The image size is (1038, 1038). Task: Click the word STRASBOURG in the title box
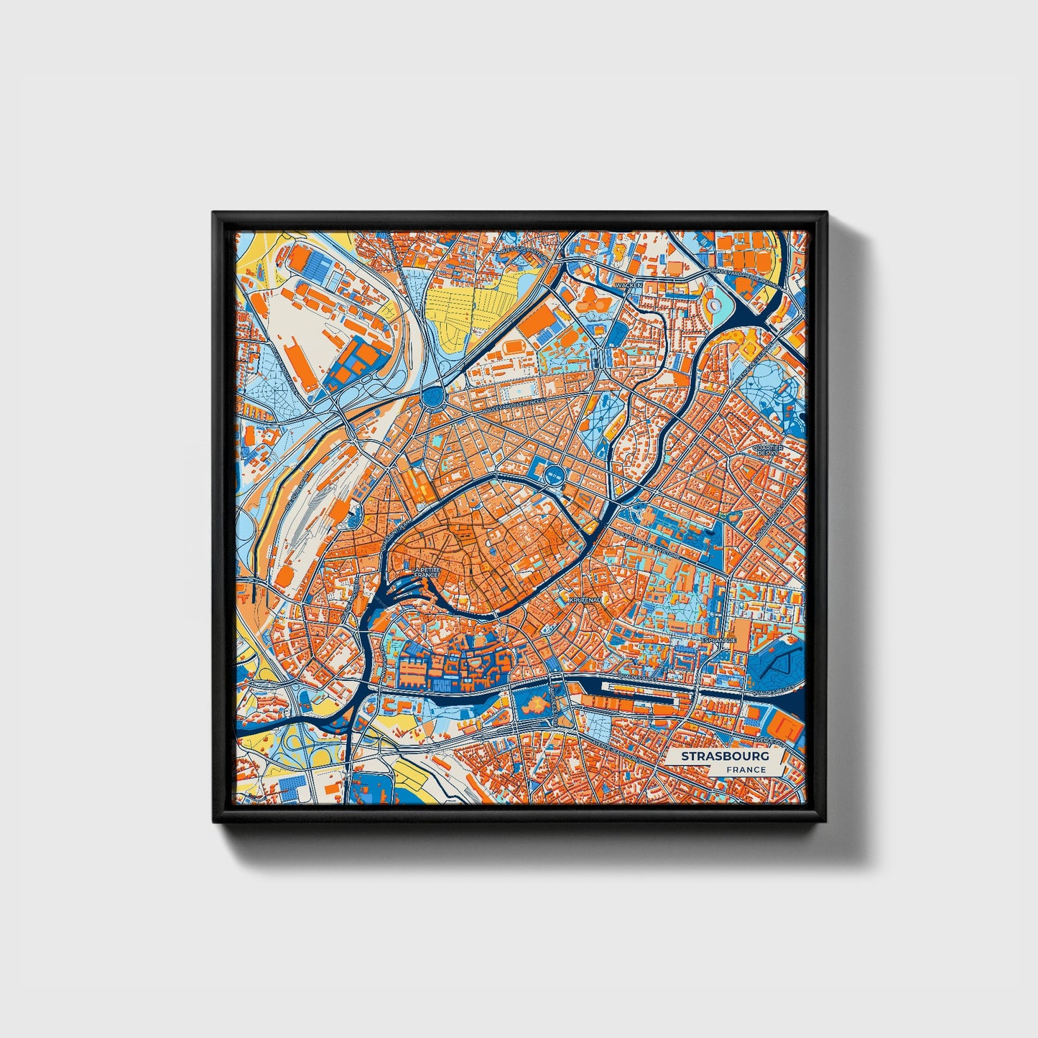point(726,756)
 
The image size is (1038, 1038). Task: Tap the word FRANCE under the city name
point(745,770)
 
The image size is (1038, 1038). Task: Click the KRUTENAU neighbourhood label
point(580,598)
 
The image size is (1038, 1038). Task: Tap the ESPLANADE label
point(718,639)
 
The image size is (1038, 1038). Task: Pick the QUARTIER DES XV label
point(767,450)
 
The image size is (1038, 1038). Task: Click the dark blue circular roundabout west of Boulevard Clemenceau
point(433,395)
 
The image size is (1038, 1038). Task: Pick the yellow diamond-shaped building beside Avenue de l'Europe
point(750,346)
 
